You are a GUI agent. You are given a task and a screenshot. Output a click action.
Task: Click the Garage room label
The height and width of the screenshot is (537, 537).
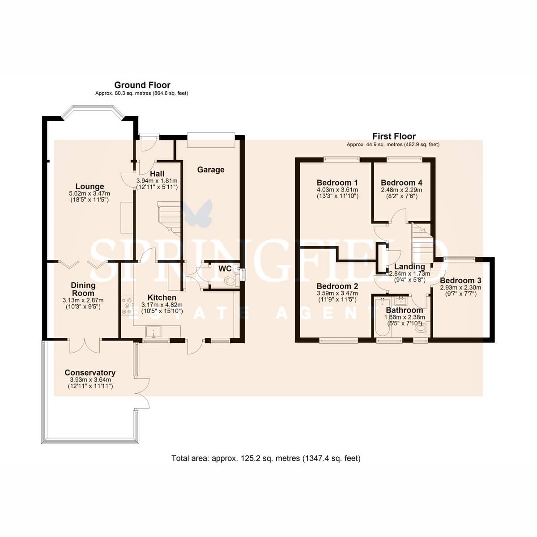211,170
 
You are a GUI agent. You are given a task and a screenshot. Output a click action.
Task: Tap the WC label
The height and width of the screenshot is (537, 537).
225,268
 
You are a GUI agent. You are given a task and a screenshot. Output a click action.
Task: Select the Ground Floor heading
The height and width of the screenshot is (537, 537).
142,85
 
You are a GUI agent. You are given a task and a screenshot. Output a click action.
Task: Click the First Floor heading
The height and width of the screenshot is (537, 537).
394,136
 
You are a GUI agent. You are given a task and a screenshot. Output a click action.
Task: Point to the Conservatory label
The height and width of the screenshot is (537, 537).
90,373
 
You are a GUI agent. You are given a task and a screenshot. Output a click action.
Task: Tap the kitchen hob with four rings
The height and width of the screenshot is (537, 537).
128,306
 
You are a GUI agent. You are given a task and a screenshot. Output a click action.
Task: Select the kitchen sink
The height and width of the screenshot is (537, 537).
154,332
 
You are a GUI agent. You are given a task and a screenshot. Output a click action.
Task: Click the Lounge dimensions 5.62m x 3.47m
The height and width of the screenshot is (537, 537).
89,193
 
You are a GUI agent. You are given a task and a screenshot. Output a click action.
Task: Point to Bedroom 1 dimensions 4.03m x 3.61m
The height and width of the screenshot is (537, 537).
337,190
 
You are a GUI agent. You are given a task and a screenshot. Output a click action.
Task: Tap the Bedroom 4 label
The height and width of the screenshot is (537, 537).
401,183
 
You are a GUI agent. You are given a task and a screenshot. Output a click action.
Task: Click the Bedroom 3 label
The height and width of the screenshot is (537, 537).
460,280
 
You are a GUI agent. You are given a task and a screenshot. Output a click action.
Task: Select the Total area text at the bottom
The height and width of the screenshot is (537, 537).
266,466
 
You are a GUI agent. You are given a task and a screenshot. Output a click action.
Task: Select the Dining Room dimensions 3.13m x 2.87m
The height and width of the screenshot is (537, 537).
83,300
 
